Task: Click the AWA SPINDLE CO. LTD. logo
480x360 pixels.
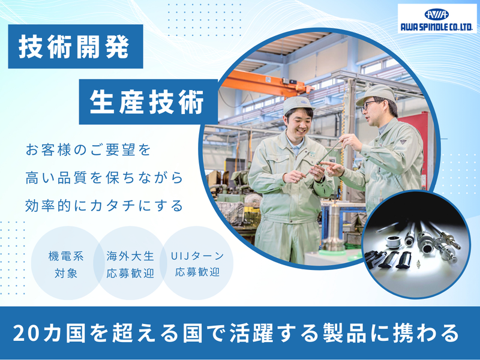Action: (x=437, y=19)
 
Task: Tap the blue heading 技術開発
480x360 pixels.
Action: (x=74, y=47)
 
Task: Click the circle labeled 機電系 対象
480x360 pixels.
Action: (x=65, y=263)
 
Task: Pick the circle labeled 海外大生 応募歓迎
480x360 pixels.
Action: (x=130, y=263)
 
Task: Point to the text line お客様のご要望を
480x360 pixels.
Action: (x=88, y=149)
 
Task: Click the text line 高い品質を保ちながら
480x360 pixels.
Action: (x=104, y=178)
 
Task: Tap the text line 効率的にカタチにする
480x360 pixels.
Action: (x=104, y=206)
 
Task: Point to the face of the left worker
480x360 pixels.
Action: (x=299, y=120)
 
